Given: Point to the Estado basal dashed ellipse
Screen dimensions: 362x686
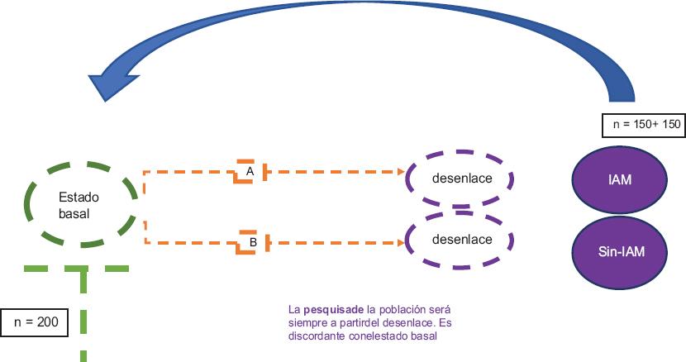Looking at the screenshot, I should (80, 205).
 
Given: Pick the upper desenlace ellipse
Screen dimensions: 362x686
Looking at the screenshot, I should (461, 179).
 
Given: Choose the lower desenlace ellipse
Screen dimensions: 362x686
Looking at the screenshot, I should (461, 240).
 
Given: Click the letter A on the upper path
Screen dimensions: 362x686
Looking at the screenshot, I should (249, 171).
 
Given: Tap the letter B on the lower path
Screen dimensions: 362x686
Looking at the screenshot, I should (253, 242).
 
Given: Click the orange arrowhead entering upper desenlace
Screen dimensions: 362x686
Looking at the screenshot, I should (402, 172).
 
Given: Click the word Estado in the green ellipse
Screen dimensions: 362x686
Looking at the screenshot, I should (79, 198).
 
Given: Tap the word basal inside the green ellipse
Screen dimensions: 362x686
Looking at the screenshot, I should (74, 213).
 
